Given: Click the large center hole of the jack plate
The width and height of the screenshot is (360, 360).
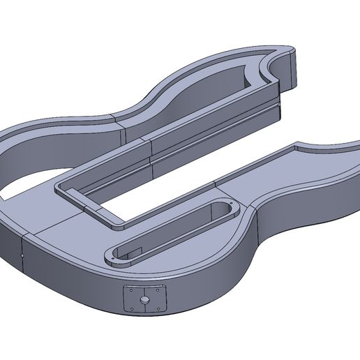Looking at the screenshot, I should coord(145,300).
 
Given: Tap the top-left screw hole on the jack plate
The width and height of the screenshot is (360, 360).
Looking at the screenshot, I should coord(129,290).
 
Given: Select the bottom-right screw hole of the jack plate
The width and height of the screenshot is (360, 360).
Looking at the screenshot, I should coord(163,308).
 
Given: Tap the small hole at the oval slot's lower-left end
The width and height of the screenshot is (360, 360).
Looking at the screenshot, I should coord(115,251).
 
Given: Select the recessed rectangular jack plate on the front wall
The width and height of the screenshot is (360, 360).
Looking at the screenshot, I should coord(146,299).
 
